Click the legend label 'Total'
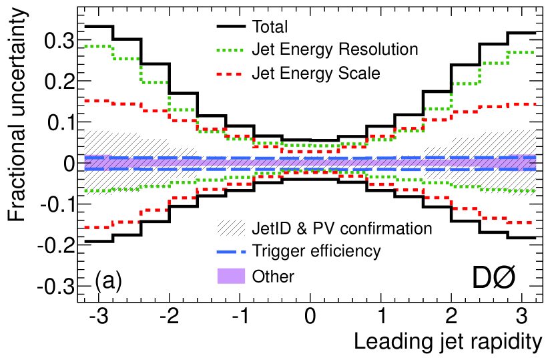pos(270,27)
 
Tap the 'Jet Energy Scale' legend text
pos(316,73)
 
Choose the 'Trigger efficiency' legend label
pos(316,251)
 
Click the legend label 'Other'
pos(274,275)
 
